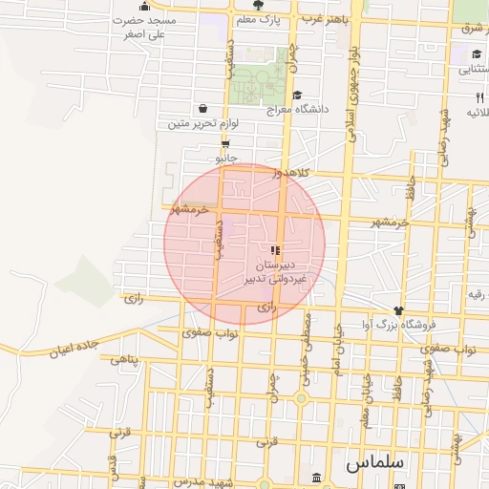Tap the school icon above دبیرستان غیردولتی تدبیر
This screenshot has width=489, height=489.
pyautogui.click(x=277, y=249)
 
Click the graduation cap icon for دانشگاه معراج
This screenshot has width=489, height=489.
pyautogui.click(x=297, y=95)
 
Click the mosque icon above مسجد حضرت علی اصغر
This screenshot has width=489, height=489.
pyautogui.click(x=144, y=5)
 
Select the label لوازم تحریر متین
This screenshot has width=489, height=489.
pyautogui.click(x=202, y=123)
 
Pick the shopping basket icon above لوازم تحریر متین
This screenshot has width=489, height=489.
pyautogui.click(x=203, y=109)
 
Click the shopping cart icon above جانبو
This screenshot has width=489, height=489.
pyautogui.click(x=225, y=143)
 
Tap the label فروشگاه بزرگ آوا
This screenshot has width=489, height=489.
pyautogui.click(x=398, y=325)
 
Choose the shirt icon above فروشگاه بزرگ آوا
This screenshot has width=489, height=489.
pyautogui.click(x=398, y=310)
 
